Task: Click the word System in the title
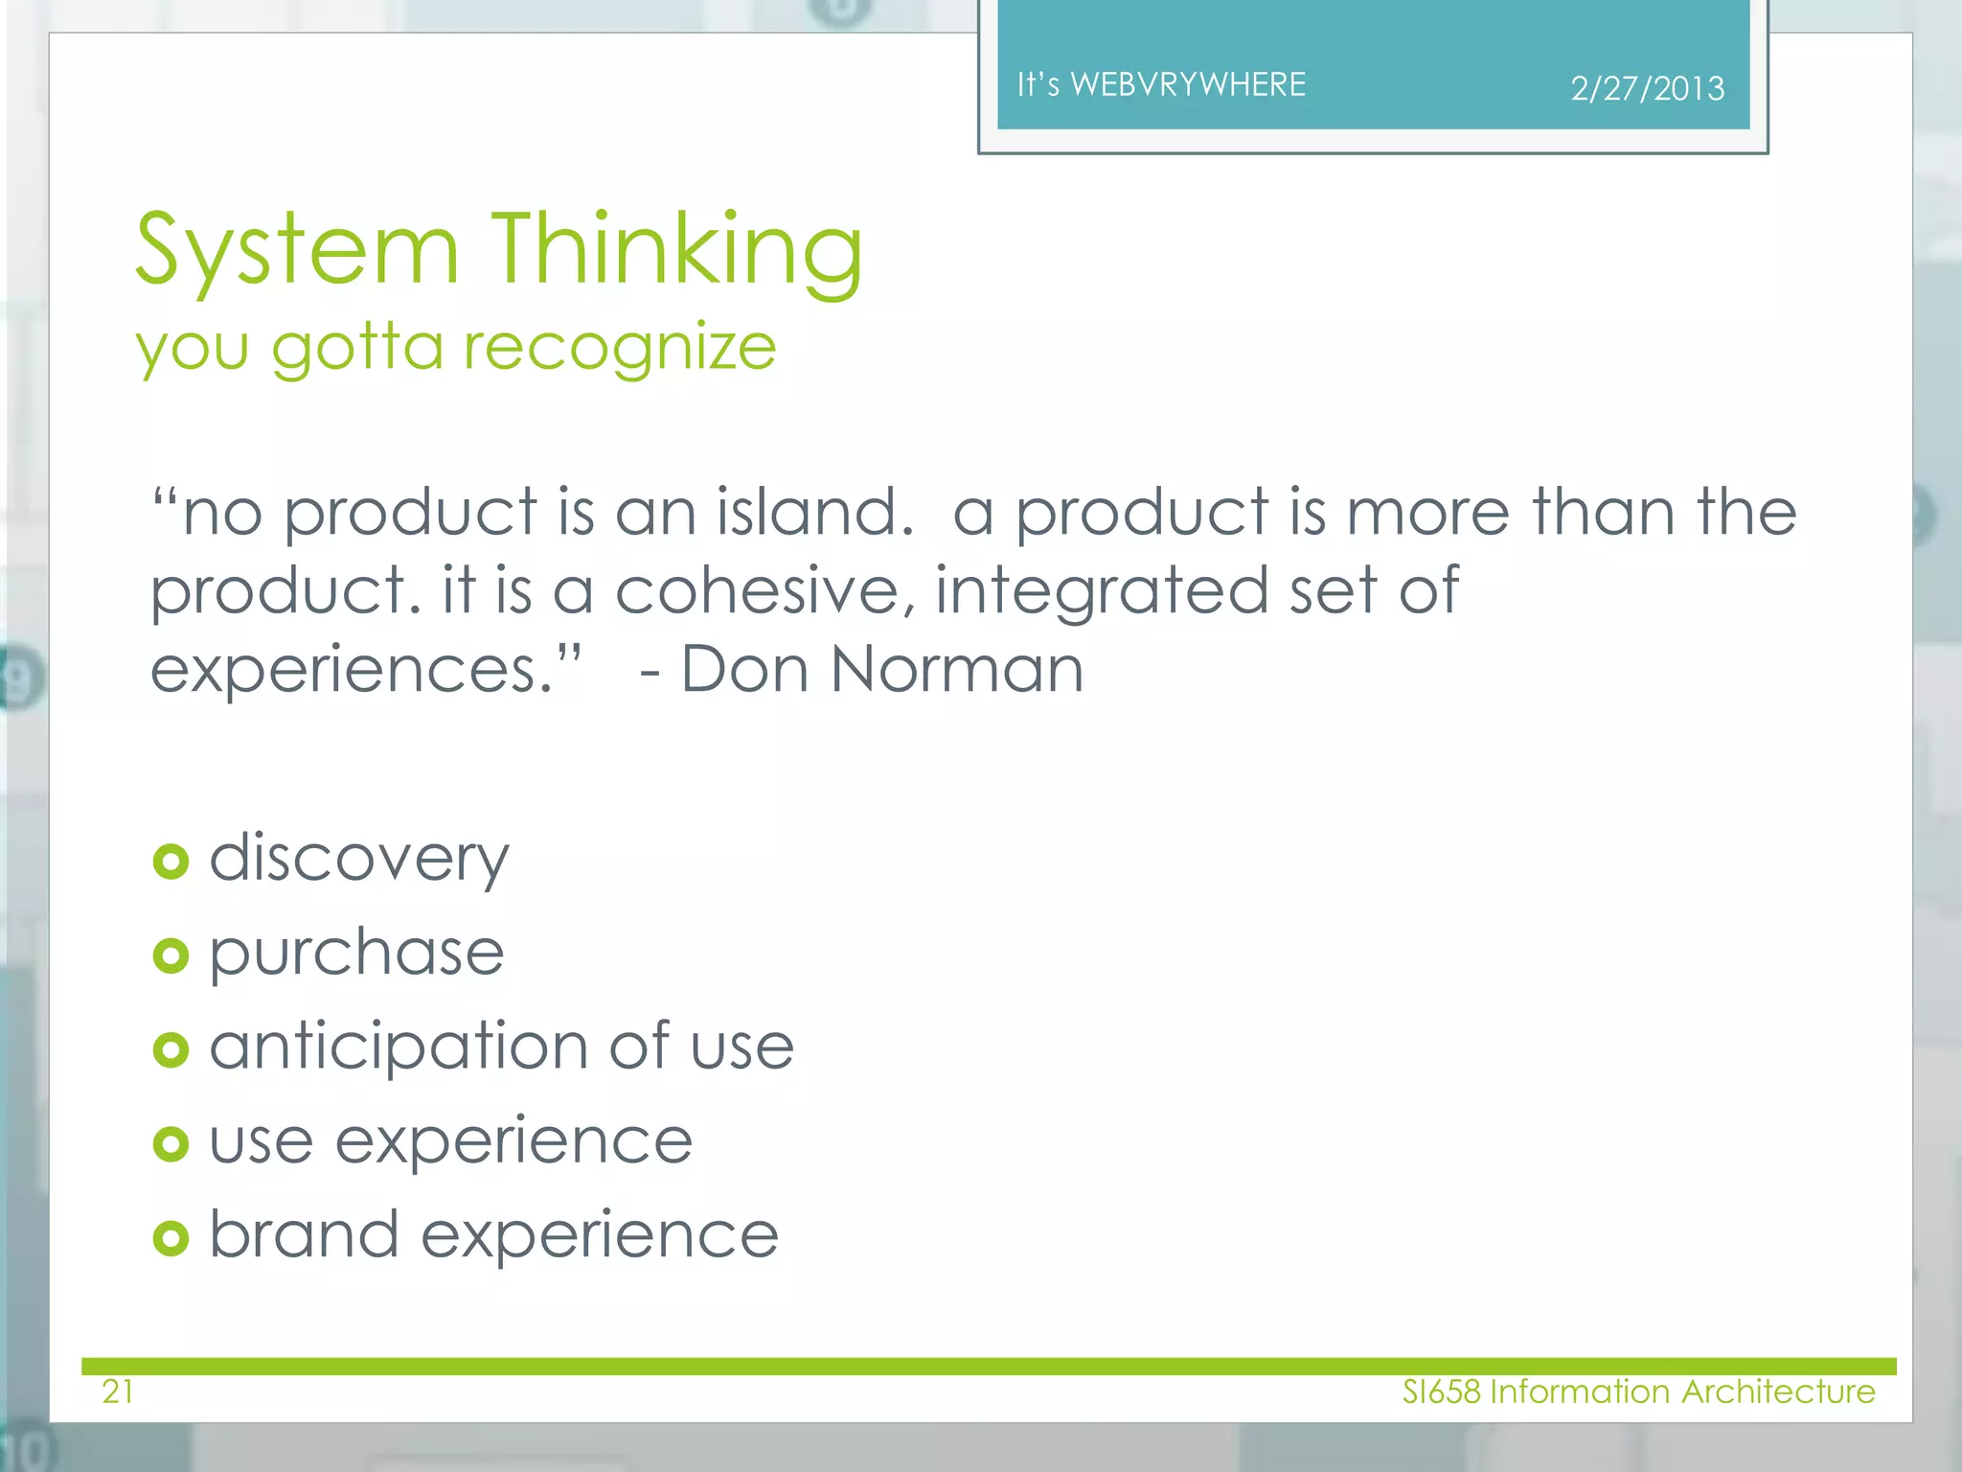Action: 297,251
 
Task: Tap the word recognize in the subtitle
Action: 619,347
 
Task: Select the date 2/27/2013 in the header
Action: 1647,89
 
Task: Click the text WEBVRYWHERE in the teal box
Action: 1188,84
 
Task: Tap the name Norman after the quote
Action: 957,669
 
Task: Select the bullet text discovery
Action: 358,859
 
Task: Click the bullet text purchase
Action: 356,954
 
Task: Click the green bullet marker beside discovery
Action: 171,862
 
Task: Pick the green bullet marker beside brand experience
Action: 171,1238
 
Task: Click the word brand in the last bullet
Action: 304,1234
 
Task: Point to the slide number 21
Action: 118,1391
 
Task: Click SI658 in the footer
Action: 1441,1391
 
